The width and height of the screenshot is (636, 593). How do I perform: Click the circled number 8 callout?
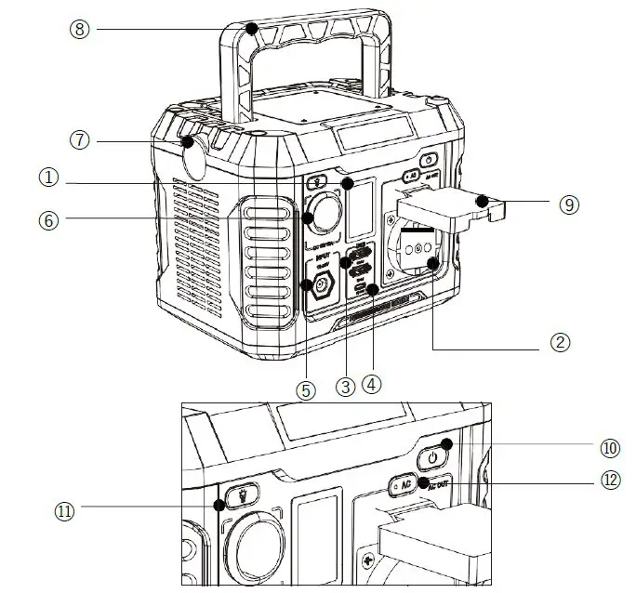tap(81, 29)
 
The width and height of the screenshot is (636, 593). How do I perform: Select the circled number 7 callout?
tap(81, 140)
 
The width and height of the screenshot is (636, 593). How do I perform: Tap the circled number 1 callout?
tap(48, 176)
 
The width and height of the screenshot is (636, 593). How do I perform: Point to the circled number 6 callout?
tap(48, 220)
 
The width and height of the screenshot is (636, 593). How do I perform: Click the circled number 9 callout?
tap(570, 203)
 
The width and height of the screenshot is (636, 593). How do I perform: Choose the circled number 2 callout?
tap(559, 343)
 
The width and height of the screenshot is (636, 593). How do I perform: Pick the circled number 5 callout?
tap(306, 389)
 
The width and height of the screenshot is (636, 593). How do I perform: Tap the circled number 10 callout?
tap(610, 447)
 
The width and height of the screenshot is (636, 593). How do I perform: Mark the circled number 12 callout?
tap(610, 481)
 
